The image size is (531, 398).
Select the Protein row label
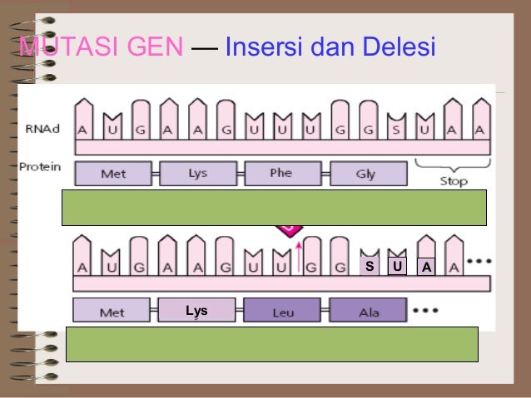click(40, 166)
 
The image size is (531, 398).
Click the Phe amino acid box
click(280, 174)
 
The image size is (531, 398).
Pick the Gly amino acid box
click(365, 174)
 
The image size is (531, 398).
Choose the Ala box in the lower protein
click(367, 312)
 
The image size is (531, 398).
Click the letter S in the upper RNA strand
click(397, 130)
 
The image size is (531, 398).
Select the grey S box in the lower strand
click(369, 266)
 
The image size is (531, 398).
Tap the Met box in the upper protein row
click(113, 174)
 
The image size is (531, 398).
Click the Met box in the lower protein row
click(112, 312)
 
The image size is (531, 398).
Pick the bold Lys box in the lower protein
click(196, 311)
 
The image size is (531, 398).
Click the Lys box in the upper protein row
click(198, 174)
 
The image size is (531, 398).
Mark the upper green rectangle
click(274, 208)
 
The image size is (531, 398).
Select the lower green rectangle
click(271, 344)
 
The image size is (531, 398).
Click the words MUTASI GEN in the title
click(101, 47)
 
